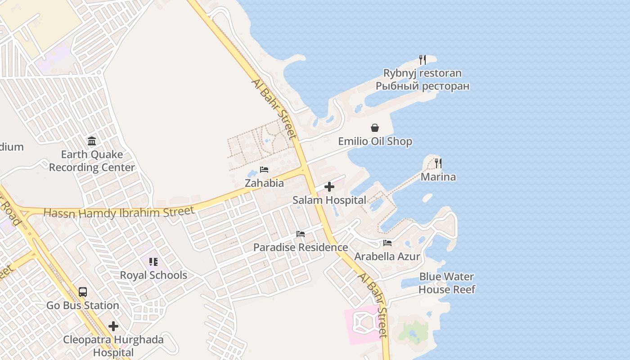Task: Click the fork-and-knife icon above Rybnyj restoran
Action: click(423, 60)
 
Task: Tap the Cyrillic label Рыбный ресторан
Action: click(423, 86)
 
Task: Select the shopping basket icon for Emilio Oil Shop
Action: click(375, 128)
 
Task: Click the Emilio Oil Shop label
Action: click(375, 141)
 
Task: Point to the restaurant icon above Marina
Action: click(438, 163)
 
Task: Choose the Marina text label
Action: click(438, 177)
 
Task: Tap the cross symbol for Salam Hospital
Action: click(329, 187)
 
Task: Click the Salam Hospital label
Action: click(329, 200)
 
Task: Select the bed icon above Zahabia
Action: click(264, 170)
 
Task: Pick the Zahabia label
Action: click(264, 183)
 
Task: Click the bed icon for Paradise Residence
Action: click(301, 234)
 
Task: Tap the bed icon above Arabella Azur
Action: click(387, 243)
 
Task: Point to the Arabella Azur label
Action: click(387, 256)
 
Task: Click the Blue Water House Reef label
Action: click(446, 283)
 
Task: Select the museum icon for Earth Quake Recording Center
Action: click(92, 141)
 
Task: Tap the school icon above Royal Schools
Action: click(153, 261)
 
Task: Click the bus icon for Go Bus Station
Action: click(83, 292)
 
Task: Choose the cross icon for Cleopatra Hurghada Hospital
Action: click(113, 326)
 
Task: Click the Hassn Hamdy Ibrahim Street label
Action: click(119, 212)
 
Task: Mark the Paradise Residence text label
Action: click(301, 247)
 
